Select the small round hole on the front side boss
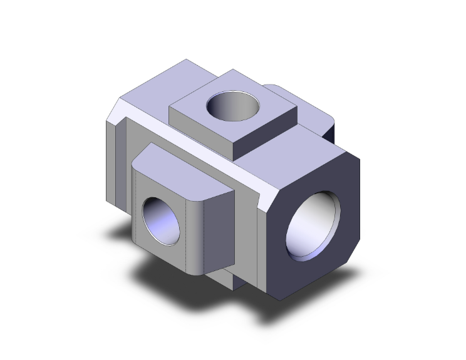161,220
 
